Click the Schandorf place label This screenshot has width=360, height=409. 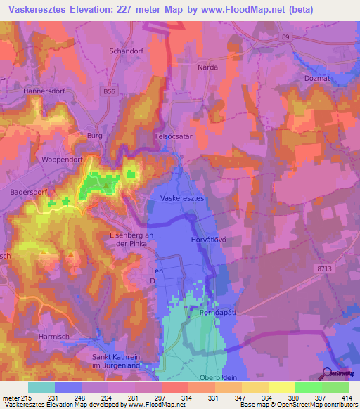click(x=126, y=51)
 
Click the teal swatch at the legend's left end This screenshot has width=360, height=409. click(x=41, y=387)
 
